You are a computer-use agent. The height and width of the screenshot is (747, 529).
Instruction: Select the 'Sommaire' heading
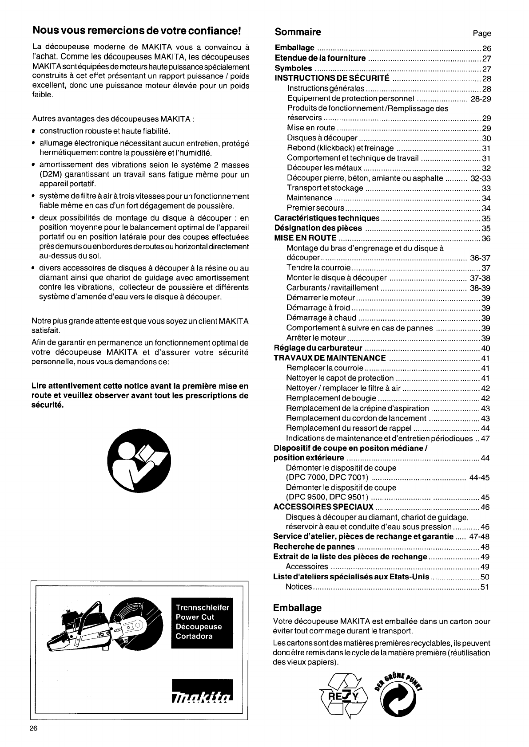pos(298,32)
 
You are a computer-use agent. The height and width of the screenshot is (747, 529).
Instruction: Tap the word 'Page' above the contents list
pos(482,33)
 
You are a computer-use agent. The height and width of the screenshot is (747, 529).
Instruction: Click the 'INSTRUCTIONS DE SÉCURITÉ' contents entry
pos(332,79)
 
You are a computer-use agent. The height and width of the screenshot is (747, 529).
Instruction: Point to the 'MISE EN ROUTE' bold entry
pos(305,238)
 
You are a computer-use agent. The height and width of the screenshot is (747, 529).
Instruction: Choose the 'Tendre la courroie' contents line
pos(319,268)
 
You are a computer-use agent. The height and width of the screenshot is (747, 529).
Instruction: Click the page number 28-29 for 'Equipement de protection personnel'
pos(481,98)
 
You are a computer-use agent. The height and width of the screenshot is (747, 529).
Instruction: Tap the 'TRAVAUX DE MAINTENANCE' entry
pos(330,358)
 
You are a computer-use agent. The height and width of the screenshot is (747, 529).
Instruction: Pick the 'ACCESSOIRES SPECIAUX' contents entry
pos(323,507)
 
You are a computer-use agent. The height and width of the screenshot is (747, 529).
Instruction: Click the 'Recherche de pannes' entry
pos(314,546)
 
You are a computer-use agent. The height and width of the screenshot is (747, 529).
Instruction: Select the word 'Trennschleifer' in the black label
pos(202,608)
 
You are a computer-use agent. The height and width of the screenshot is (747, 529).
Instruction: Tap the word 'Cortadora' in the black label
pos(194,636)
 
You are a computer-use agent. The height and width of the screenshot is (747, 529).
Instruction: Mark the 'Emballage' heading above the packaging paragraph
pos(297,607)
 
